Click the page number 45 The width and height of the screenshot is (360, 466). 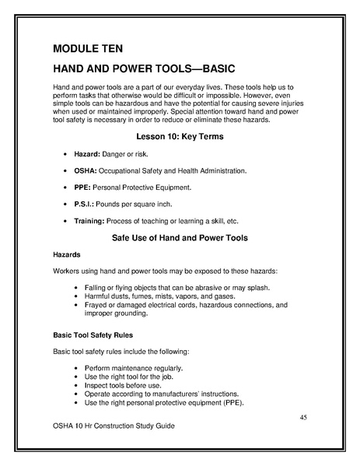pyautogui.click(x=304, y=418)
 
